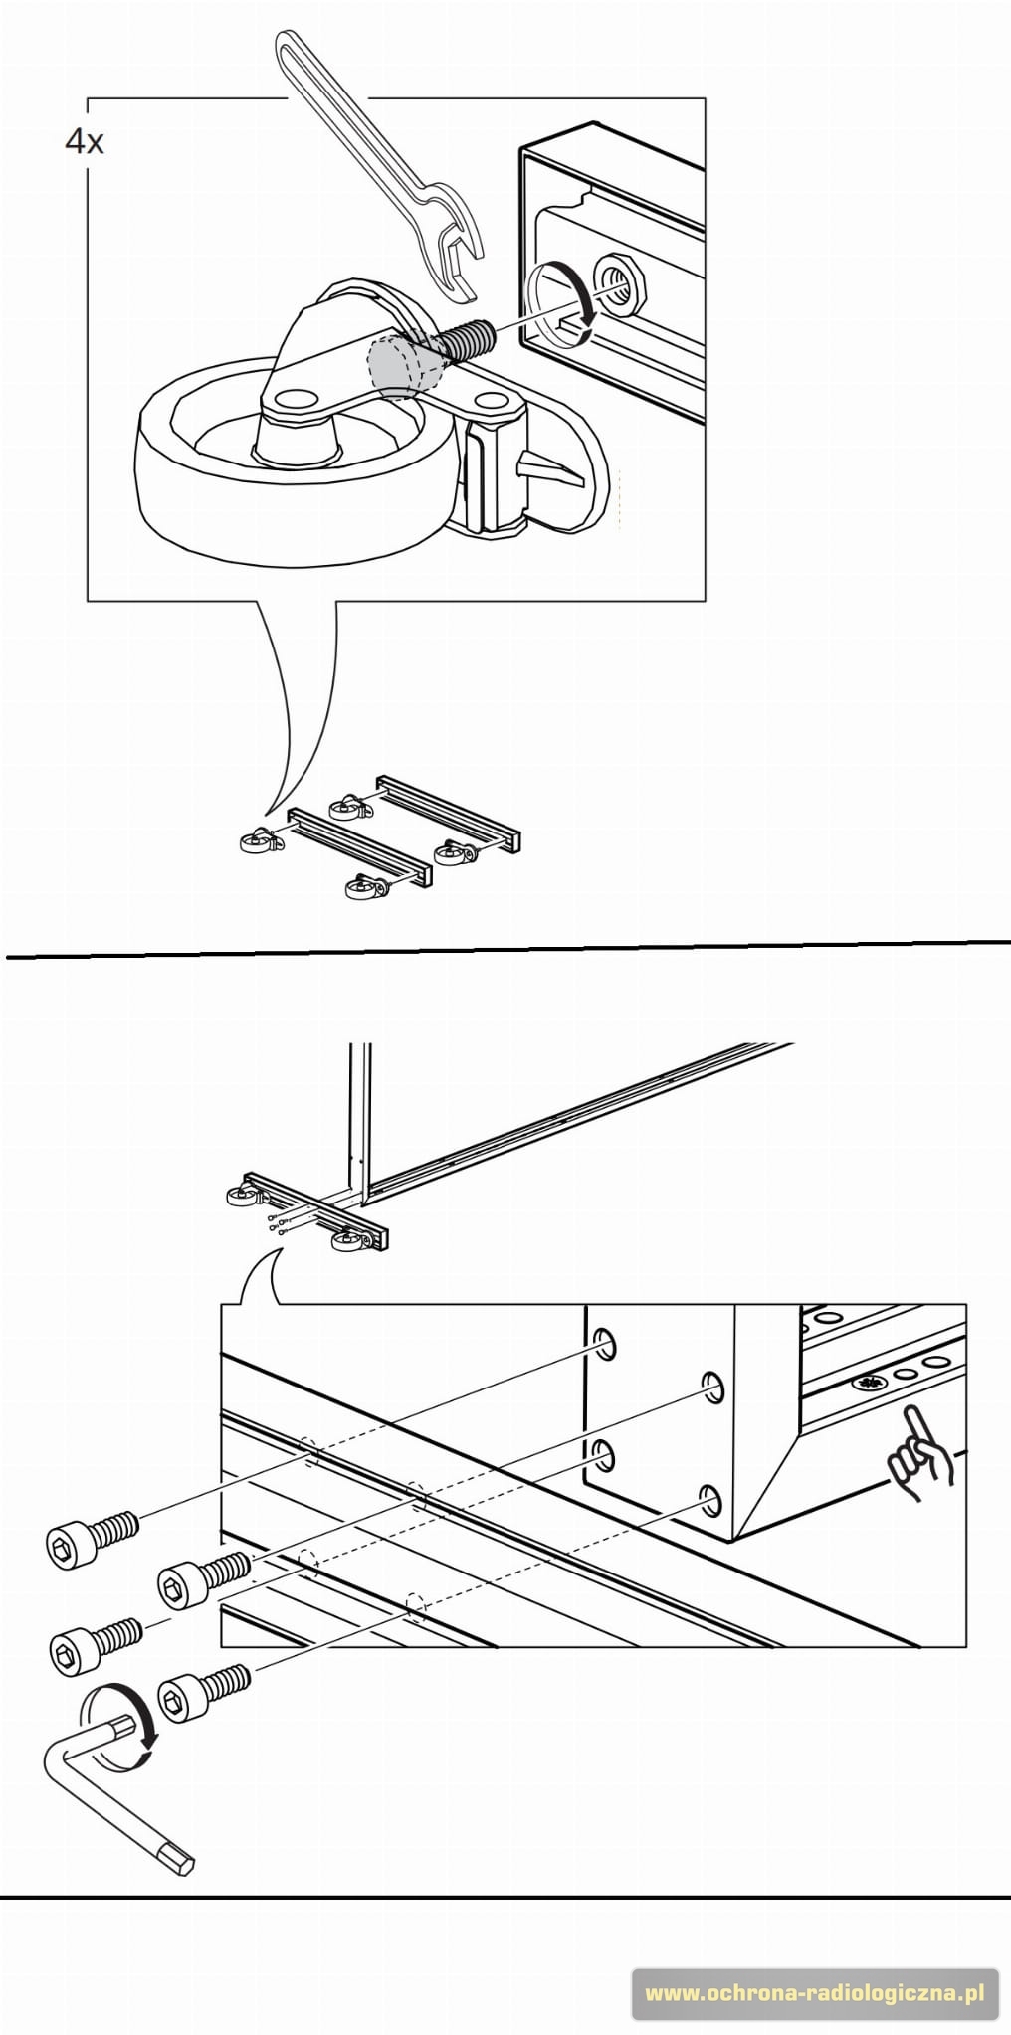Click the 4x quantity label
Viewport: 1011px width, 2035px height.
[x=84, y=142]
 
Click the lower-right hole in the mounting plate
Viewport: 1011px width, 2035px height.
[x=710, y=1500]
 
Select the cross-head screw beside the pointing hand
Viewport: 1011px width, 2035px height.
[x=869, y=1383]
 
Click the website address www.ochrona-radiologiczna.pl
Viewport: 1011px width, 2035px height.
[x=815, y=1993]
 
